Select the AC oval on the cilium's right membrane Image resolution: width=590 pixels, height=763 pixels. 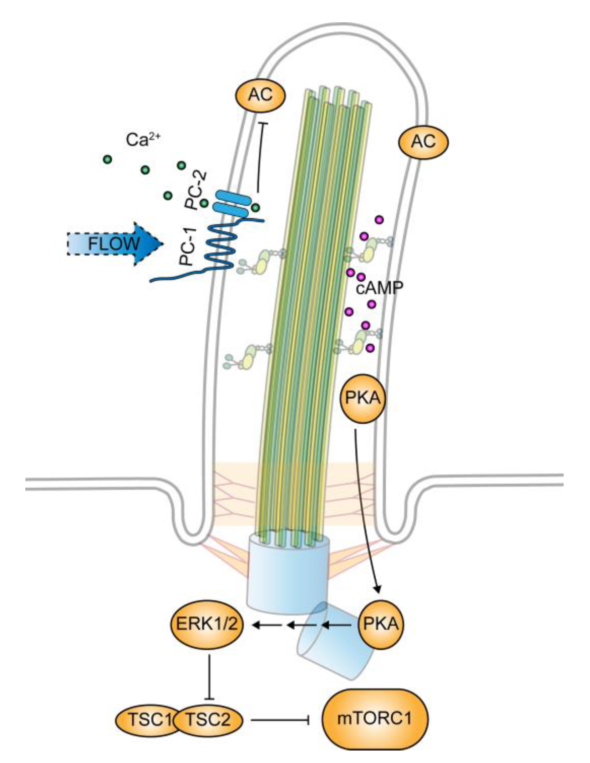tap(424, 142)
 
